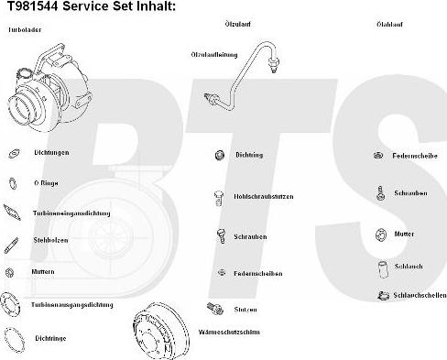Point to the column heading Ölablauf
pos(389,23)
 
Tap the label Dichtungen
pos(51,152)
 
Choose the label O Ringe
pos(47,182)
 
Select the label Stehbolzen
pos(49,243)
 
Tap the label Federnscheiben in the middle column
pos(257,273)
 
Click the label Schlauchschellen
pos(420,296)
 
